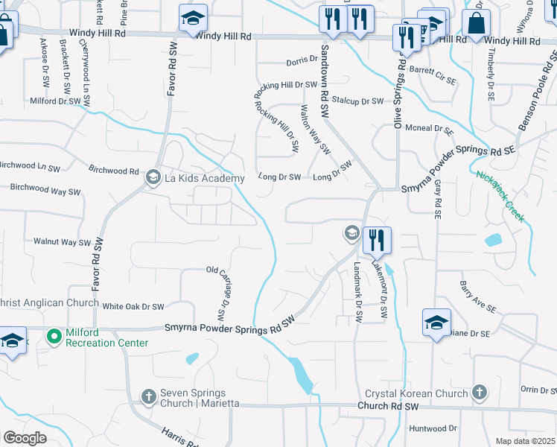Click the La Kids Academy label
205,178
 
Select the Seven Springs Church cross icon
150,396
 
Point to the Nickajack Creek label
500,197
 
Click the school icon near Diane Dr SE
436,322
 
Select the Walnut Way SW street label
62,242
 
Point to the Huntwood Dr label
433,428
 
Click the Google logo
25,438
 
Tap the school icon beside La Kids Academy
153,177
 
